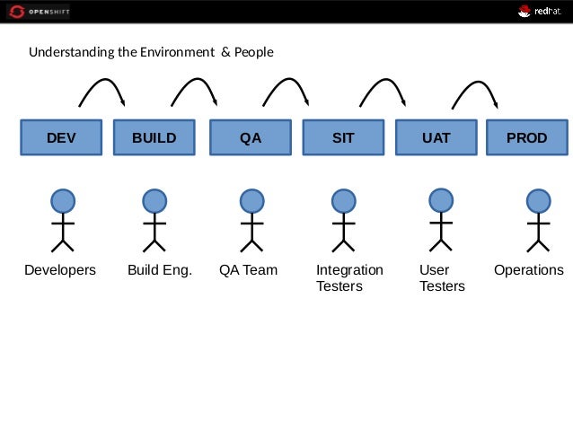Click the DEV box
click(61, 138)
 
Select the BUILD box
click(154, 138)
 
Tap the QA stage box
click(251, 138)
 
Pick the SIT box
click(343, 138)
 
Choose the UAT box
click(436, 138)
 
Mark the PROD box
click(527, 138)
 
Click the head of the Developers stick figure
click(62, 200)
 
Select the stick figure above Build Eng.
click(154, 220)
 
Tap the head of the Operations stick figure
click(538, 200)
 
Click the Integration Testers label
click(349, 278)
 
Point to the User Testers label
click(442, 278)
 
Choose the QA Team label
click(248, 270)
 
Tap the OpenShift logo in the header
click(37, 12)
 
